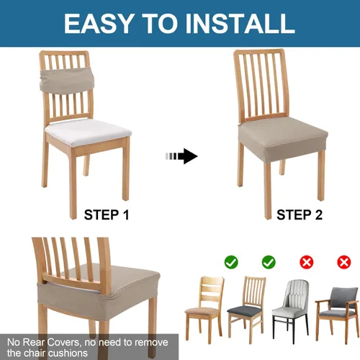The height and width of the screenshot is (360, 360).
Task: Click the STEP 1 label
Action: click(x=107, y=214)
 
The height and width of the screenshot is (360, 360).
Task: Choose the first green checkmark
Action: click(x=231, y=262)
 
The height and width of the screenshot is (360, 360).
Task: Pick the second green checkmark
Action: click(x=268, y=262)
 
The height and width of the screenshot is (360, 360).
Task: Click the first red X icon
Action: click(x=306, y=262)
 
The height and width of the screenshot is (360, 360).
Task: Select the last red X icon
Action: click(x=343, y=262)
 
